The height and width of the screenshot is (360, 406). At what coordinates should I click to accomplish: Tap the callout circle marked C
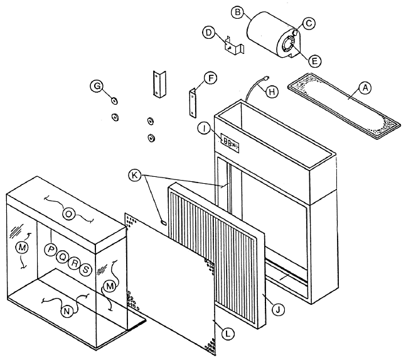tap(308, 22)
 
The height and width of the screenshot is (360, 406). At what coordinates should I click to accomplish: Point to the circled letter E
tap(315, 60)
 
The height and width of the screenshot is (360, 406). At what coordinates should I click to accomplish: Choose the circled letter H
tap(271, 91)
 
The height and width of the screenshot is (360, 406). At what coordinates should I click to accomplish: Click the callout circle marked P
tap(51, 250)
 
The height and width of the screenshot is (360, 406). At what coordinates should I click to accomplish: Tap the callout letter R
tap(74, 263)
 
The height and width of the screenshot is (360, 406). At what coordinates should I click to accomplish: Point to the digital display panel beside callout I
tap(228, 143)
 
